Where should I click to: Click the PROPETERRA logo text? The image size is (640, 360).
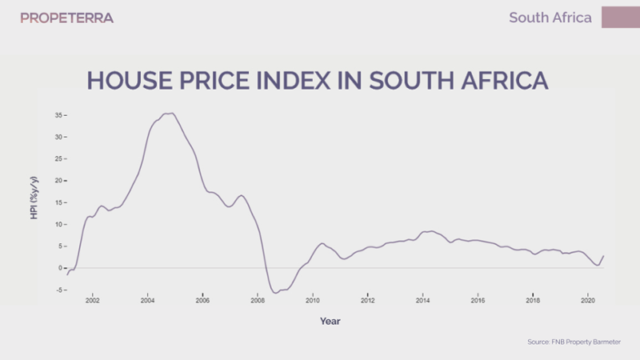click(66, 18)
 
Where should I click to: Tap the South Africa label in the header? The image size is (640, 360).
click(550, 18)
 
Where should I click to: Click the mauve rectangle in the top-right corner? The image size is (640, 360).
click(620, 17)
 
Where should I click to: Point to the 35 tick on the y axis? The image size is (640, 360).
click(58, 115)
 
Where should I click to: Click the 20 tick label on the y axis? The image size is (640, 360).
click(58, 181)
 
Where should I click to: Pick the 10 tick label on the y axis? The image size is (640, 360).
click(58, 224)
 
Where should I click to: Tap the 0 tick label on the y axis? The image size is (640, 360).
click(60, 268)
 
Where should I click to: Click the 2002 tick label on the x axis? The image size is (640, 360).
click(92, 301)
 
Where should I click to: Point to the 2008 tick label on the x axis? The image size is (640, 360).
click(258, 301)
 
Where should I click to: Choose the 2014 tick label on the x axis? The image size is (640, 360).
click(422, 301)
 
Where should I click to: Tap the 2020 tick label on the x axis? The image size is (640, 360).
click(588, 301)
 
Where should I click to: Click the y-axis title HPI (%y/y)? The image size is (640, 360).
click(34, 196)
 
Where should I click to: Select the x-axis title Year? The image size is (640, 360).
click(330, 321)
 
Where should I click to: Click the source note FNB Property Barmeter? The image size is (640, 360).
click(574, 342)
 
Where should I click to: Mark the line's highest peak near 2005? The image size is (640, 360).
click(170, 113)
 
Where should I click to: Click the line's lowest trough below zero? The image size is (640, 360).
click(276, 293)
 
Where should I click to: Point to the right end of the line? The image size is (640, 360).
click(603, 256)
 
